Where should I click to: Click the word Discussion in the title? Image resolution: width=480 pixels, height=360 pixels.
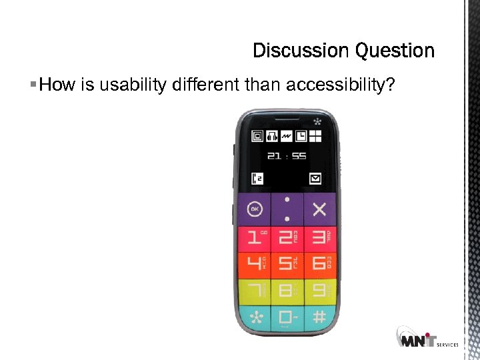pyautogui.click(x=301, y=51)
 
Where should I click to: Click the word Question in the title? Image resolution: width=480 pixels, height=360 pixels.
pyautogui.click(x=395, y=51)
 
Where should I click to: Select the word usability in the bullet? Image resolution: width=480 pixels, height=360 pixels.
pyautogui.click(x=132, y=85)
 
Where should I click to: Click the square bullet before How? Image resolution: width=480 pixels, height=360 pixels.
pyautogui.click(x=33, y=85)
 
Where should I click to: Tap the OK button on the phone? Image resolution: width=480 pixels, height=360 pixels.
pyautogui.click(x=254, y=209)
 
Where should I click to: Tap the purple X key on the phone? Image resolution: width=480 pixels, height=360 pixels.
pyautogui.click(x=319, y=209)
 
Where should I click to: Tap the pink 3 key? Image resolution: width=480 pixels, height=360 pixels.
pyautogui.click(x=319, y=238)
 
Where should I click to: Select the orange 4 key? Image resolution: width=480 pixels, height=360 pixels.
pyautogui.click(x=254, y=264)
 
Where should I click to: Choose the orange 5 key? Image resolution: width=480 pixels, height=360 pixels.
pyautogui.click(x=287, y=264)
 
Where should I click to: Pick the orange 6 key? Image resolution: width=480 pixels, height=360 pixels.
pyautogui.click(x=319, y=264)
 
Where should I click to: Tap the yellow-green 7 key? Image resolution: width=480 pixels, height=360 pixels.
pyautogui.click(x=254, y=291)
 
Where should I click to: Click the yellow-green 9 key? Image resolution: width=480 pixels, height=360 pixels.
pyautogui.click(x=319, y=291)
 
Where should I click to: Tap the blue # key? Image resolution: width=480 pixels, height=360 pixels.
pyautogui.click(x=319, y=317)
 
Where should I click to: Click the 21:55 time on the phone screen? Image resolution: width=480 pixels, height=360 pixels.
pyautogui.click(x=287, y=156)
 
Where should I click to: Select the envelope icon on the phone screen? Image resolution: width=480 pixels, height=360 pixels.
pyautogui.click(x=315, y=178)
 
